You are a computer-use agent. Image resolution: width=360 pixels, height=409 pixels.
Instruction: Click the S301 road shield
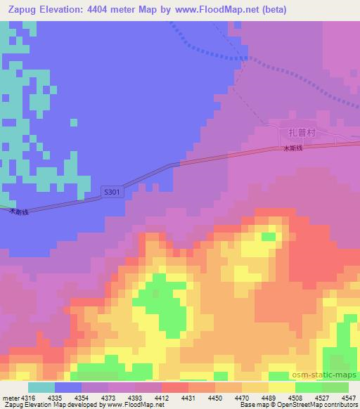(112, 191)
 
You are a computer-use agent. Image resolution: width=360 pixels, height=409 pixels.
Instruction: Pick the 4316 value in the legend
(29, 397)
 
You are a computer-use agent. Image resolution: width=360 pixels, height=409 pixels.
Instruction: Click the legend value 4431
(188, 397)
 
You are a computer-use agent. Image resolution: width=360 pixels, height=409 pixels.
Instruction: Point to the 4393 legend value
(135, 397)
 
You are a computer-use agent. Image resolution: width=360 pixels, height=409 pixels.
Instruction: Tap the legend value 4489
(269, 397)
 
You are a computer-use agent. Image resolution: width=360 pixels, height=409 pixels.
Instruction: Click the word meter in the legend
(10, 397)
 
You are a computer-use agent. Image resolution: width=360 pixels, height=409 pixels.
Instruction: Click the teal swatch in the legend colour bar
(41, 387)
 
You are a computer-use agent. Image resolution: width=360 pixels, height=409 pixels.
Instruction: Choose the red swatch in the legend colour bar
(175, 387)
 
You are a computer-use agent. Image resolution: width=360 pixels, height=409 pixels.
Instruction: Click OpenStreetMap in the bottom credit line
(330, 405)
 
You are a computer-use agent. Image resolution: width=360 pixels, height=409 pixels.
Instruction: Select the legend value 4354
(82, 397)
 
